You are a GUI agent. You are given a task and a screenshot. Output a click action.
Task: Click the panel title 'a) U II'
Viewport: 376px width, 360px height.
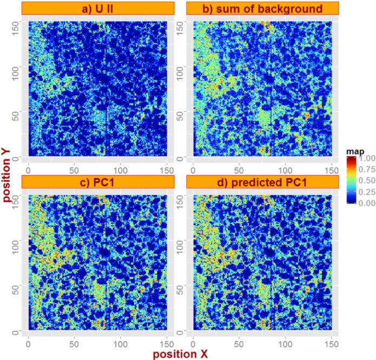100,9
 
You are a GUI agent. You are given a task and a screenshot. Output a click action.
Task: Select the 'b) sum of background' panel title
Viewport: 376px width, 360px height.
262,9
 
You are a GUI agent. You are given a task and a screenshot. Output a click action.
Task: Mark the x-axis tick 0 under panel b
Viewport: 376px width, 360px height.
190,169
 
